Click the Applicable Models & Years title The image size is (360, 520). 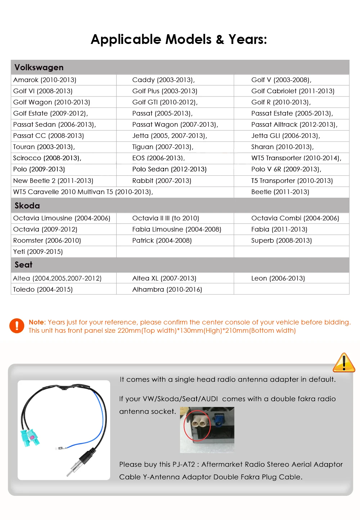pos(179,39)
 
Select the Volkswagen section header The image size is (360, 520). pos(39,67)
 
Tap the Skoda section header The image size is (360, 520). pos(27,206)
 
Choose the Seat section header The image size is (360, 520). pos(23,265)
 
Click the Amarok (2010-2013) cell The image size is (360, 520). pos(45,80)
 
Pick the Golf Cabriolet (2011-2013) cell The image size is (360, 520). pos(293,91)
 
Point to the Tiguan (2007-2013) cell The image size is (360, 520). pos(163,147)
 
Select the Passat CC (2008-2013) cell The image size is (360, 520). pos(48,136)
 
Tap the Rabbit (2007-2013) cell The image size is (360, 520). pos(162,181)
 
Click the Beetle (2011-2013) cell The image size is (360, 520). pos(280,192)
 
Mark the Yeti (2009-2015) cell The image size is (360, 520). pos(38,252)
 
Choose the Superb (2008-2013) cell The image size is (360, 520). pos(281,241)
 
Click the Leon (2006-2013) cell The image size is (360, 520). pos(278,278)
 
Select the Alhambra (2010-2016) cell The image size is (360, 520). pos(167,290)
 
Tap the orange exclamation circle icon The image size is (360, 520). pos(17,326)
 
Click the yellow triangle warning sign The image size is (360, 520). pos(344,363)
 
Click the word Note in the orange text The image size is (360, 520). pos(37,322)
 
